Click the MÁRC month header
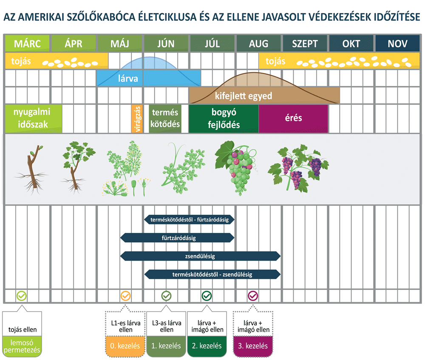pyautogui.click(x=27, y=43)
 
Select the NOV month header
pyautogui.click(x=397, y=43)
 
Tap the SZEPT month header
pyautogui.click(x=305, y=43)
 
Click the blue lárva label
pyautogui.click(x=128, y=79)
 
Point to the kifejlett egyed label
pyautogui.click(x=244, y=96)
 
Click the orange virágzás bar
pyautogui.click(x=137, y=119)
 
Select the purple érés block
pyautogui.click(x=293, y=119)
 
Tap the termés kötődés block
pyautogui.click(x=165, y=119)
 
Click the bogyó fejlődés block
pyautogui.click(x=224, y=119)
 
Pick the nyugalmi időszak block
pyautogui.click(x=34, y=119)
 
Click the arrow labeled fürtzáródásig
pyautogui.click(x=177, y=238)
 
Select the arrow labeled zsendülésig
pyautogui.click(x=200, y=256)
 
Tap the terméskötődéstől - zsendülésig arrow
pyautogui.click(x=212, y=274)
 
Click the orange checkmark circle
pyautogui.click(x=125, y=296)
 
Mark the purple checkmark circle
pyautogui.click(x=253, y=296)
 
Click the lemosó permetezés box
pyautogui.click(x=22, y=346)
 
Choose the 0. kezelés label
pyautogui.click(x=125, y=346)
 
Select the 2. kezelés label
pyautogui.click(x=207, y=346)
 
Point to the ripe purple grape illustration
pyautogui.click(x=299, y=168)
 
